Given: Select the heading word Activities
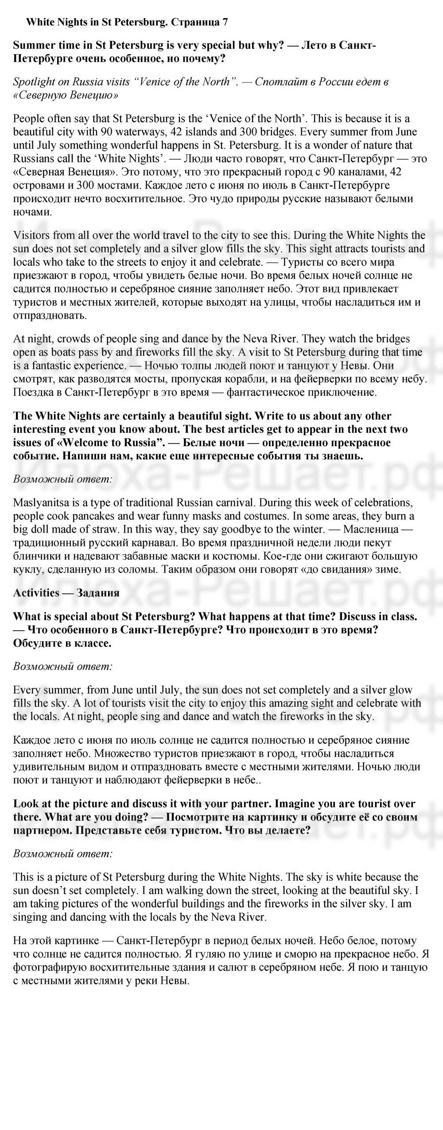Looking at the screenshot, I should (x=36, y=593).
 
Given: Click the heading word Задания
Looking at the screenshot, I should (x=98, y=593).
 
